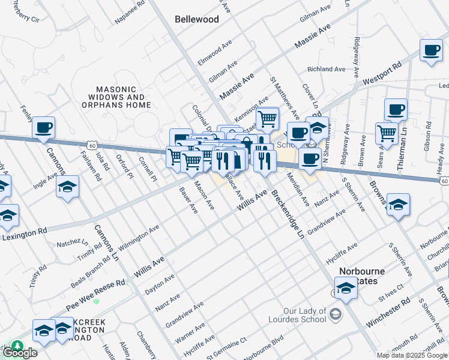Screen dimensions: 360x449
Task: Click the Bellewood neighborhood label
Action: (196, 19)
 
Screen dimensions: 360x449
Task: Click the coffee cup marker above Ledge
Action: (430, 51)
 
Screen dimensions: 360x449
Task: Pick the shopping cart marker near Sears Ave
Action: (387, 133)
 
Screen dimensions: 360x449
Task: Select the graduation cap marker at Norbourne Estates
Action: (346, 289)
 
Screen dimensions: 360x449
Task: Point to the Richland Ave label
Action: (327, 69)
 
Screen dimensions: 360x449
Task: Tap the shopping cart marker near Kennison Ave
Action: (267, 118)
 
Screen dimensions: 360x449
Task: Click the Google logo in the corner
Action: (20, 353)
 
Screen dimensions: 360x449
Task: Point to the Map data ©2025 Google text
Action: (412, 355)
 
